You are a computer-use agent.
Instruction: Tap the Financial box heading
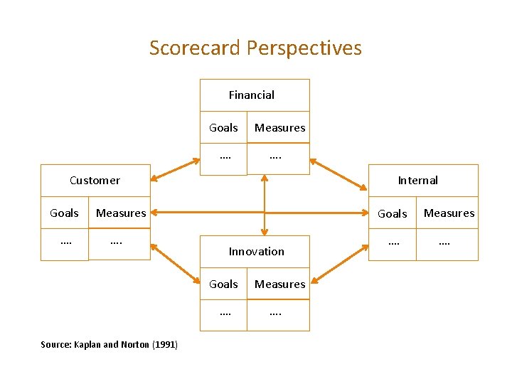252,95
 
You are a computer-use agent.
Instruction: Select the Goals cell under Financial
223,128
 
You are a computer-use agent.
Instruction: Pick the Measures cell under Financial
279,128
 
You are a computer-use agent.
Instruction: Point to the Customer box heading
95,180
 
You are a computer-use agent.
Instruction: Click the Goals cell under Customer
64,213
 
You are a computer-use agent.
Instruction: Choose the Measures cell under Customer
121,213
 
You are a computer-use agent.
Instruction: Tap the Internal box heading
417,180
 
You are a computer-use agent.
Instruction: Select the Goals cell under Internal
392,213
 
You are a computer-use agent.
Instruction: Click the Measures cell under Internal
449,213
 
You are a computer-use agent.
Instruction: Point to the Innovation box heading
256,251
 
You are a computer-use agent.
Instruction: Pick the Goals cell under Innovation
223,284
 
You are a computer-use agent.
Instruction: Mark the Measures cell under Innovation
279,284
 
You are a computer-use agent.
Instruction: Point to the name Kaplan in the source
87,345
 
